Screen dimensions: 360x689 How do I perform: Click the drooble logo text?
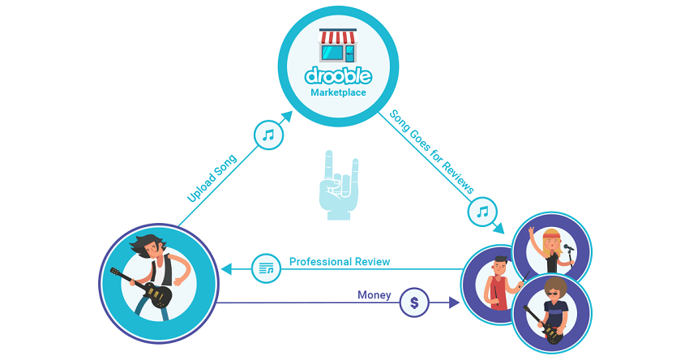click(x=338, y=76)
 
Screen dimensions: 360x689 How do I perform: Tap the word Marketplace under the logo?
click(x=338, y=92)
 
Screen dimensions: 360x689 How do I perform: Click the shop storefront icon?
click(x=338, y=46)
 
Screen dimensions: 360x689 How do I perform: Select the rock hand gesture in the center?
click(x=338, y=186)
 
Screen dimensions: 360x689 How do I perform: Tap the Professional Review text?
click(x=340, y=262)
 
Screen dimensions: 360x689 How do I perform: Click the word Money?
click(x=374, y=295)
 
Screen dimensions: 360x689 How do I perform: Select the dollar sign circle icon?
click(x=415, y=302)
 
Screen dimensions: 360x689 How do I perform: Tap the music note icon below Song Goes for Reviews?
click(x=482, y=212)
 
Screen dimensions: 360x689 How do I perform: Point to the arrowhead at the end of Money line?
click(x=455, y=302)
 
